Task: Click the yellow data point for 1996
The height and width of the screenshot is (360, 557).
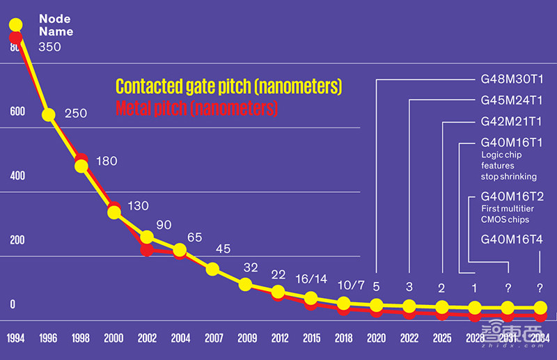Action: tap(49, 114)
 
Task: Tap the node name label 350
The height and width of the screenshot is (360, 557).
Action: tap(49, 47)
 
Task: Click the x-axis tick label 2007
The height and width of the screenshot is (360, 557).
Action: tap(214, 338)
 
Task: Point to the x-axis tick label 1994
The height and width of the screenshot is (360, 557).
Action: tap(15, 338)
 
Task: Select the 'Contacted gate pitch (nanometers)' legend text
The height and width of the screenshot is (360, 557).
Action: tap(228, 86)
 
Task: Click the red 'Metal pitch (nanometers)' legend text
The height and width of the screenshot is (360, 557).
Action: tap(196, 108)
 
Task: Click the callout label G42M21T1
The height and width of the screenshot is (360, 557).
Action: tap(512, 122)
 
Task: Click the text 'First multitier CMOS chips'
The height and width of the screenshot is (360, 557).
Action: tap(505, 214)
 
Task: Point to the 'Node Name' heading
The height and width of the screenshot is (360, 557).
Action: tap(56, 25)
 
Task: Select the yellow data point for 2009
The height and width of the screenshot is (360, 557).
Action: tap(245, 284)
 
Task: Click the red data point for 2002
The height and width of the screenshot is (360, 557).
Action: tap(147, 249)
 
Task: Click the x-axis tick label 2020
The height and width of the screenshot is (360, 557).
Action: tap(376, 338)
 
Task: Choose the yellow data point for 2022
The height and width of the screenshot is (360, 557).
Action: tap(409, 306)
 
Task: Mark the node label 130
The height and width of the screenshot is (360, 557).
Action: tap(138, 205)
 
